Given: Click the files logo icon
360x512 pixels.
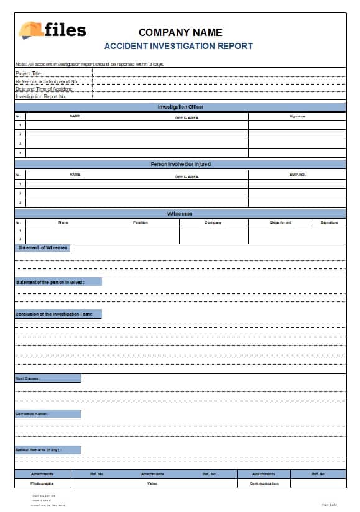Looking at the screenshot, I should click(x=30, y=30).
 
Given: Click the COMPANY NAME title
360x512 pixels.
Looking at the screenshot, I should click(x=180, y=32).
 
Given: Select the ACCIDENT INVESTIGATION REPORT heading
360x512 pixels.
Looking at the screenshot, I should click(x=178, y=46).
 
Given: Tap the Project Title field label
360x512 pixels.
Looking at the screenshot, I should click(x=29, y=73).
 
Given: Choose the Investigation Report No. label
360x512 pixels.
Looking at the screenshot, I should click(x=41, y=96).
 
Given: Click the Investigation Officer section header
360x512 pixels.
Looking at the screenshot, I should click(x=180, y=107).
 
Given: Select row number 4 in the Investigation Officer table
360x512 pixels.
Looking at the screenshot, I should click(x=20, y=152).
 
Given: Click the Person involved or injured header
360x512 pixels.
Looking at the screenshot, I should click(x=180, y=164).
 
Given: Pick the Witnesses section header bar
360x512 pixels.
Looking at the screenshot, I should click(x=180, y=214).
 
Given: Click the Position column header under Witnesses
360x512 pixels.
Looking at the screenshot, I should click(x=141, y=222).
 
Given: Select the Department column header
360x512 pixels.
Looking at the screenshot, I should click(x=280, y=222).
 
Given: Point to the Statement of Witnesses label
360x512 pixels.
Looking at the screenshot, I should click(x=42, y=247).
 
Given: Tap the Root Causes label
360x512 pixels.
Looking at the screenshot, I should click(x=29, y=378).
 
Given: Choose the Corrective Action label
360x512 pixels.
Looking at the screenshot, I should click(x=32, y=413).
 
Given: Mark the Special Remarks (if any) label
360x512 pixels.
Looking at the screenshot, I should click(x=39, y=449).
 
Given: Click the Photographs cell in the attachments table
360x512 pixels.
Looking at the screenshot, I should click(x=42, y=483).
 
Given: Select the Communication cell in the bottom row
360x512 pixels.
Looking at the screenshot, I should click(x=264, y=483).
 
